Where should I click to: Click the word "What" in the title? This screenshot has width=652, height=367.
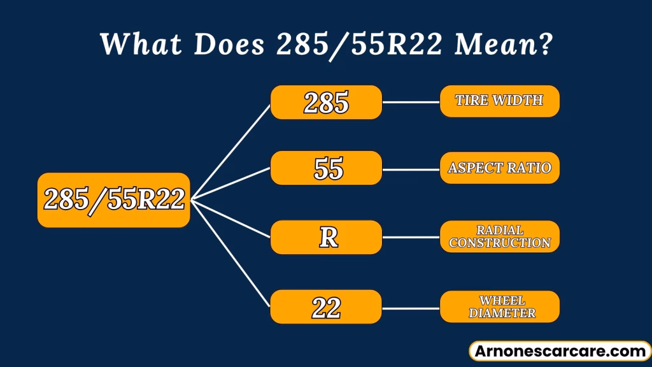tap(141, 43)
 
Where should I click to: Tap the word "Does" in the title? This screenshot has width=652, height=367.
tap(229, 44)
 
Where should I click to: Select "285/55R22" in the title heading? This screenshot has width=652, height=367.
tap(359, 45)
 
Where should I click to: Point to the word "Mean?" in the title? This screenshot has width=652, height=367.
tap(503, 44)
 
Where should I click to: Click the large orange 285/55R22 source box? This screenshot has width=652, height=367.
tap(114, 200)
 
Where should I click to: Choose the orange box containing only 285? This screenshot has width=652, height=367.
tap(327, 103)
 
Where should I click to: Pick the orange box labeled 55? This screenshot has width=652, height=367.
tap(327, 168)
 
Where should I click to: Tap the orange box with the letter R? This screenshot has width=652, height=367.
tap(327, 237)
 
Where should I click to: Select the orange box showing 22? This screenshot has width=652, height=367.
tap(326, 307)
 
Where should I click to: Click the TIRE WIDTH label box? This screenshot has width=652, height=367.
tap(500, 101)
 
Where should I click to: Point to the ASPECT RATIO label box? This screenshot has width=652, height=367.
tap(500, 168)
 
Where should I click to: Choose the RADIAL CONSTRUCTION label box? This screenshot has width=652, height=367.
tap(500, 237)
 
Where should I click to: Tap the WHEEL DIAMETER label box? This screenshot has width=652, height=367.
tap(500, 306)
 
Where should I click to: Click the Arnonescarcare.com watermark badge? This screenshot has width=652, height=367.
tap(560, 351)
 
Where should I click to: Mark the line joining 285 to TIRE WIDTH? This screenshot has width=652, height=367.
tap(411, 102)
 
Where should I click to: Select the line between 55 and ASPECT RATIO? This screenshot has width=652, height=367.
tap(411, 169)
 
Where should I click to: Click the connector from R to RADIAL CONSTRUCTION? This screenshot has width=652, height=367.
tap(411, 237)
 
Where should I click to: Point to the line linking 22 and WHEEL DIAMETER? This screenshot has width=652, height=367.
tap(411, 308)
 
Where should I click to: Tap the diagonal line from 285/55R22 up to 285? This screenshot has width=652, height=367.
tap(230, 152)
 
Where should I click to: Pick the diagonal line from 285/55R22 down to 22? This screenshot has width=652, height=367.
tap(230, 254)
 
